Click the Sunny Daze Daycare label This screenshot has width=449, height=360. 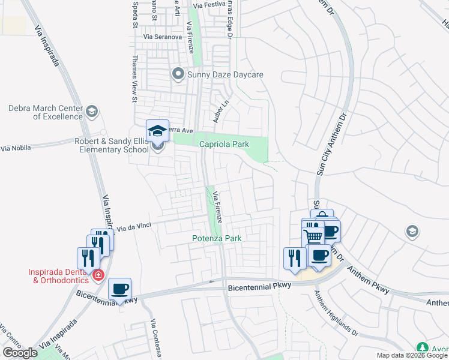pyautogui.click(x=226, y=75)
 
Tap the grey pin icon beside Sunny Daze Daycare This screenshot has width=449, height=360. pyautogui.click(x=178, y=75)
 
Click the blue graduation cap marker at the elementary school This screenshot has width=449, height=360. pyautogui.click(x=157, y=130)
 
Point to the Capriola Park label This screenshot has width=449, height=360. pyautogui.click(x=224, y=144)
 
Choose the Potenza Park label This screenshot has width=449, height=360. pyautogui.click(x=217, y=238)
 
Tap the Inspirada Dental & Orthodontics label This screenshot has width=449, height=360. pyautogui.click(x=58, y=275)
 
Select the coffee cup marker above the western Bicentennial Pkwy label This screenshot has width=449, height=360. pyautogui.click(x=120, y=289)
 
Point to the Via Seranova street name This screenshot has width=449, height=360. pyautogui.click(x=162, y=37)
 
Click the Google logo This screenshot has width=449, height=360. pyautogui.click(x=20, y=353)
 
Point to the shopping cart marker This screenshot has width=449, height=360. pyautogui.click(x=313, y=235)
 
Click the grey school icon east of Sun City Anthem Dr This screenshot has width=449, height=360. pyautogui.click(x=412, y=231)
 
